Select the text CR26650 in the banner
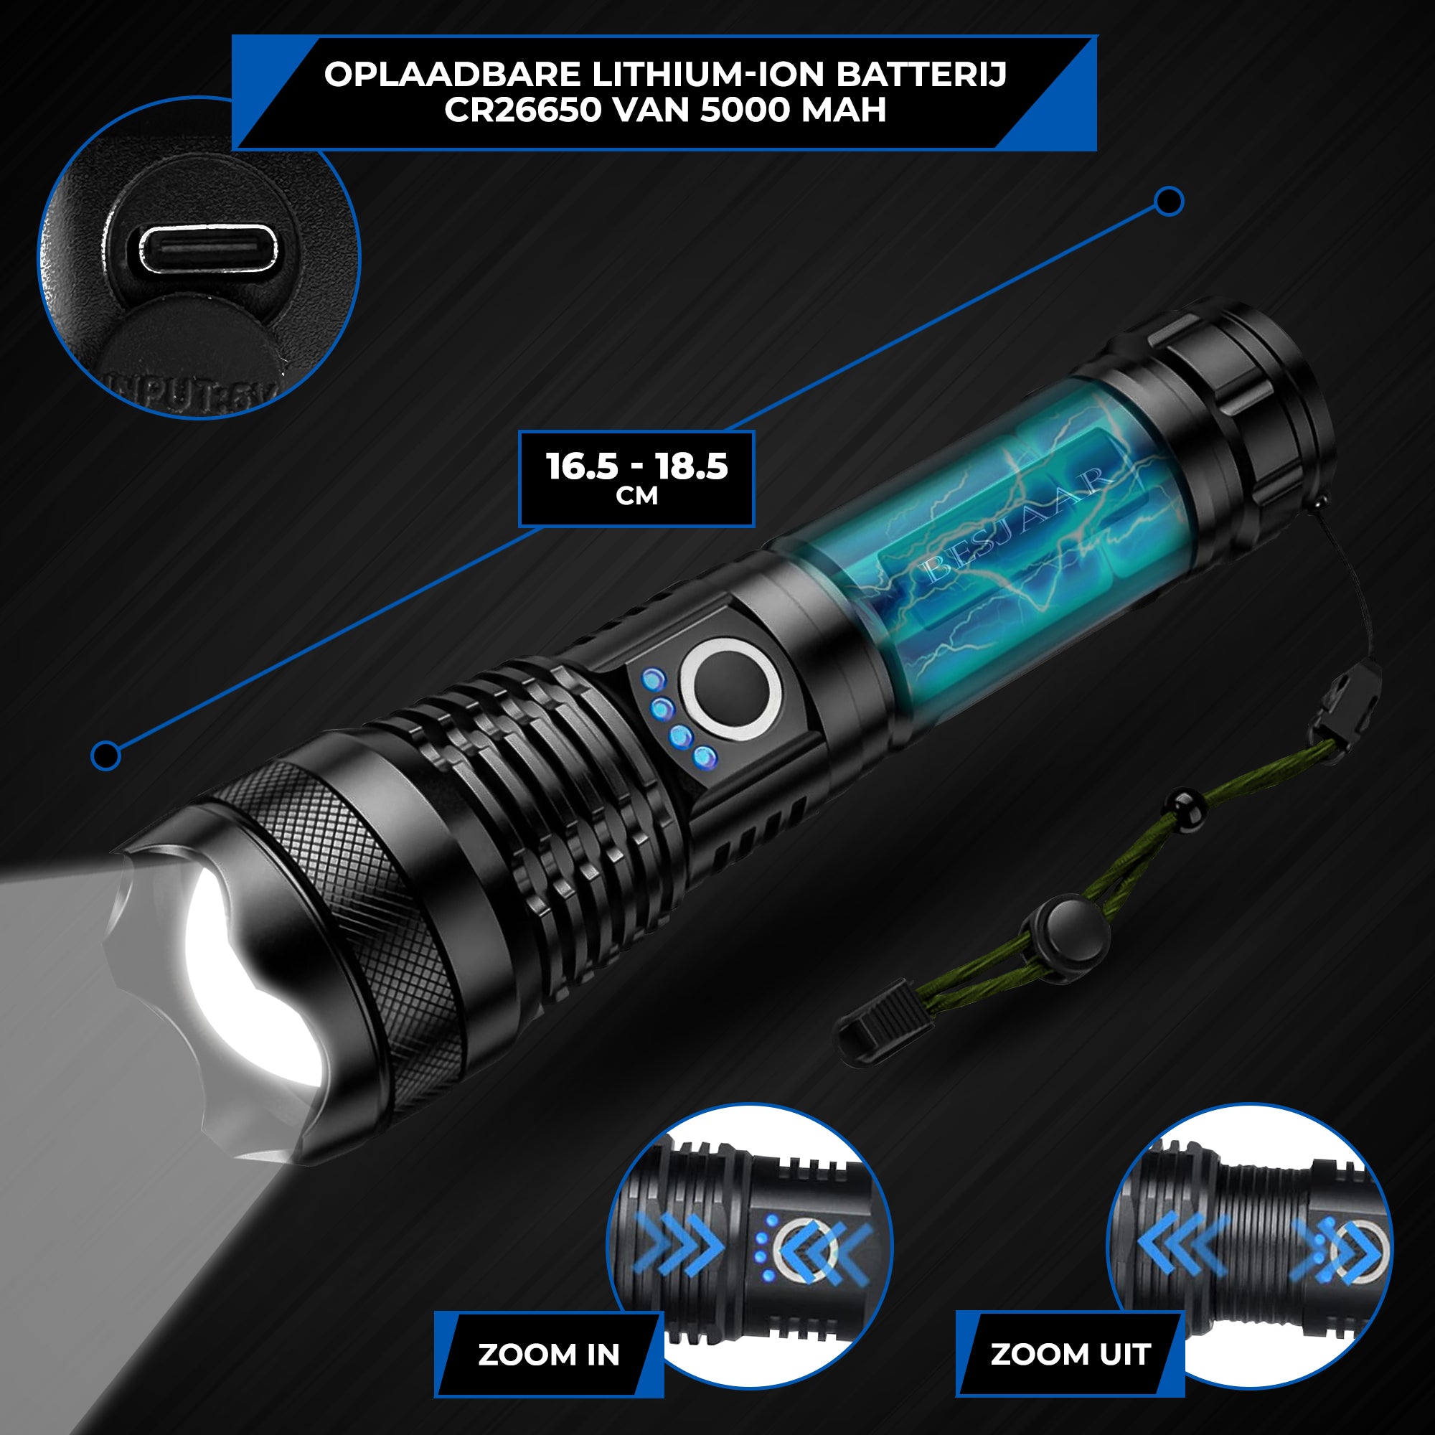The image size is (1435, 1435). point(522,110)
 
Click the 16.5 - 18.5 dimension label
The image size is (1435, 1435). point(636,466)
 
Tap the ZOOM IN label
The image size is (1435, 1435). point(548,1354)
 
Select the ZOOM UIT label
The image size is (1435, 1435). point(1071,1354)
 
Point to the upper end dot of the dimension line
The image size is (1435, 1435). point(1168,202)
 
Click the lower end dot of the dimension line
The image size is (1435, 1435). point(105,756)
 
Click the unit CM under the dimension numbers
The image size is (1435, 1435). point(636,497)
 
